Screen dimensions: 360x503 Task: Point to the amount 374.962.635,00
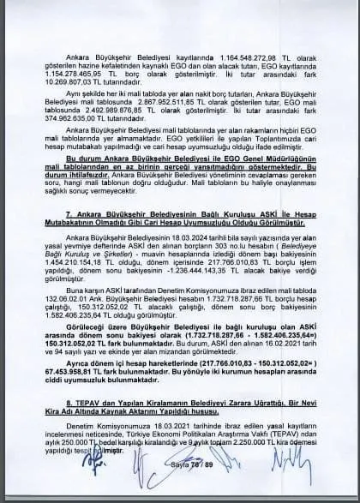click(86, 116)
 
